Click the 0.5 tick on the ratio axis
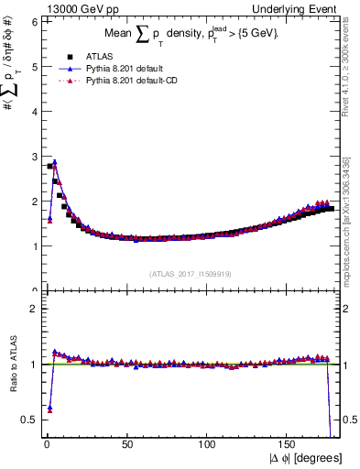[x=29, y=420]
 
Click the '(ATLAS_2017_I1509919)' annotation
[x=190, y=273]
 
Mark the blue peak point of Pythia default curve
[x=54, y=162]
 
